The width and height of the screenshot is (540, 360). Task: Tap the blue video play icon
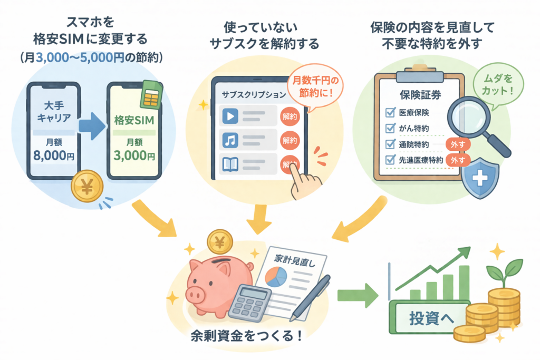230,116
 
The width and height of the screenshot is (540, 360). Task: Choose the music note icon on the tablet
230,140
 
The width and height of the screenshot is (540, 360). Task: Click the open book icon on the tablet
230,164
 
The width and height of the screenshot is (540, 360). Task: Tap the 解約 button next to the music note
290,140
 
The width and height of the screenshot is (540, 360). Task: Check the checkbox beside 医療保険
391,112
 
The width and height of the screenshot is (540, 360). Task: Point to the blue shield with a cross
479,179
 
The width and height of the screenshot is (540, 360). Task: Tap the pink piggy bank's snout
195,293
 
